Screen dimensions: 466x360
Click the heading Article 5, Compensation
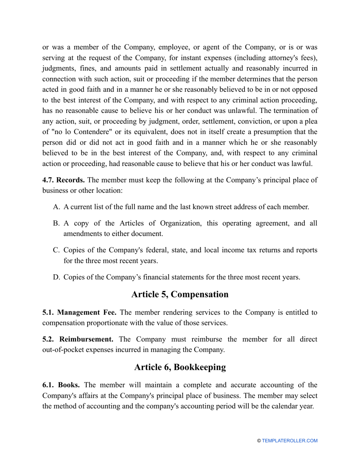180,294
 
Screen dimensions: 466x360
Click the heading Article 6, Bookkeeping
180,367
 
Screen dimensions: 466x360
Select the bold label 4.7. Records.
63,180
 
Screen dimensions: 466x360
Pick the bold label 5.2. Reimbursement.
78,339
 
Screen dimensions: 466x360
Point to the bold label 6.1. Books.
61,385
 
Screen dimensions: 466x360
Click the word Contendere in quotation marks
80,132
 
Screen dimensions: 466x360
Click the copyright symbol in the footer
259,441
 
